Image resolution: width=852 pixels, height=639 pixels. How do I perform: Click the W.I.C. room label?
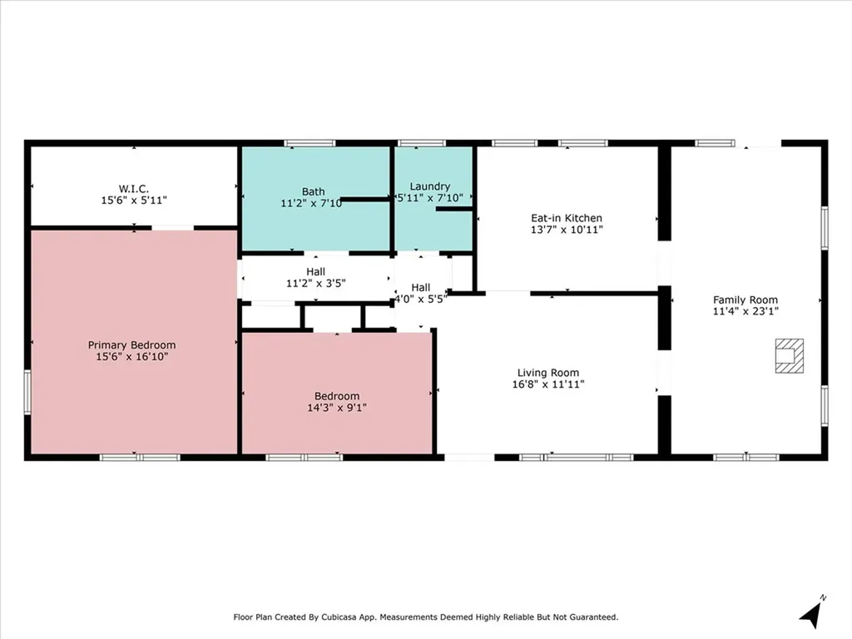[133, 189]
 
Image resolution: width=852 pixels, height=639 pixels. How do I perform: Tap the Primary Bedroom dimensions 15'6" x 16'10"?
[132, 357]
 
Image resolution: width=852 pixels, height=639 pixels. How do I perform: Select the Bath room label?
[314, 191]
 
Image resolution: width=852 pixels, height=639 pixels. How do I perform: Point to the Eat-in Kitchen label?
[567, 218]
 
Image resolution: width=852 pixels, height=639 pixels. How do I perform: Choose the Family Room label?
[745, 300]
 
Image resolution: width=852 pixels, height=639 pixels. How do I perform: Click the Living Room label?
[548, 373]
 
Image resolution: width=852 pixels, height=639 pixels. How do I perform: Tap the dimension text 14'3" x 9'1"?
[337, 408]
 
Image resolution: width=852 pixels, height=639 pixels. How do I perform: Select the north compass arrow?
[811, 613]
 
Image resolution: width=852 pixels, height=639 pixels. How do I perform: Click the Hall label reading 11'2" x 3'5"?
[315, 283]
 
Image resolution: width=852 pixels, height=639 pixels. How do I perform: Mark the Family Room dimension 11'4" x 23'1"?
[745, 311]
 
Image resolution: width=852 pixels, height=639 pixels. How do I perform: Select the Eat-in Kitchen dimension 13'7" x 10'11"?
[567, 230]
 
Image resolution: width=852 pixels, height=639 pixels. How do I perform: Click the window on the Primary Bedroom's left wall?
[27, 392]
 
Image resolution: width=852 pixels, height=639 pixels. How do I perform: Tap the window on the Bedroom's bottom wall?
[305, 457]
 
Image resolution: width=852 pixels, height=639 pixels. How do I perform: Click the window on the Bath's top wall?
[310, 143]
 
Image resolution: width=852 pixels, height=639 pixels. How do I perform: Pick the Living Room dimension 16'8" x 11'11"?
[548, 384]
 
